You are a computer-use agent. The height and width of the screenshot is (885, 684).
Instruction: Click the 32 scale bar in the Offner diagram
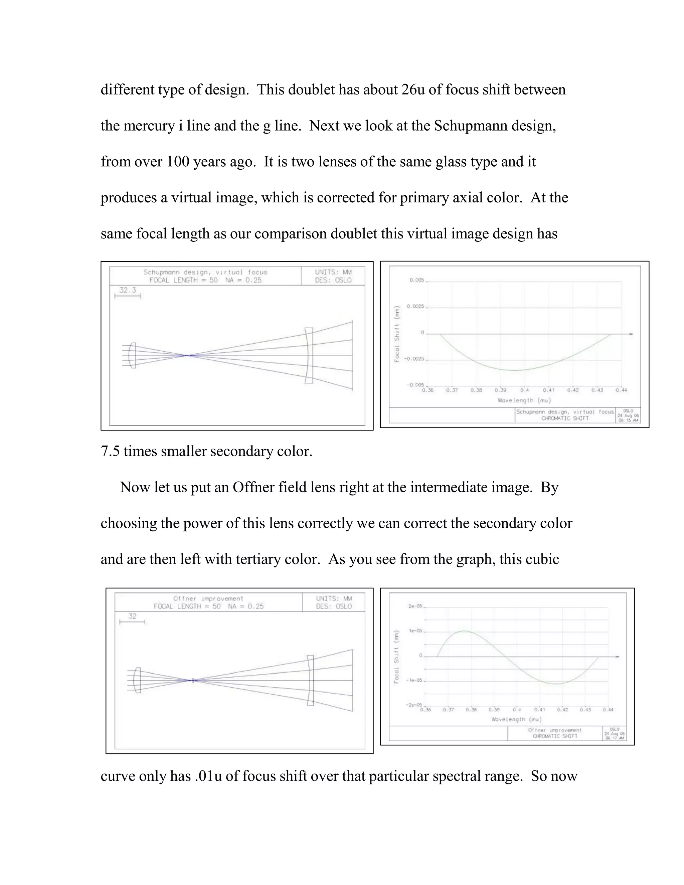132,619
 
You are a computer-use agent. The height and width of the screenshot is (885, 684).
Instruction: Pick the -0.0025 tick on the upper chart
414,359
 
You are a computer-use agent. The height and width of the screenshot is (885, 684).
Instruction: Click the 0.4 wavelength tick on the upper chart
524,390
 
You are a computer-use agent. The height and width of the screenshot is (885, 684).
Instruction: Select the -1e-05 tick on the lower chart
414,680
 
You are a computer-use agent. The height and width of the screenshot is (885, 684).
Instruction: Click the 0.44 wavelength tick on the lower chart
608,710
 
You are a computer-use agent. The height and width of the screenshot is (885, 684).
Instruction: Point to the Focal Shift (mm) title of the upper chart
397,334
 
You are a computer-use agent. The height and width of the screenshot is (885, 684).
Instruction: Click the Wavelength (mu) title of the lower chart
516,719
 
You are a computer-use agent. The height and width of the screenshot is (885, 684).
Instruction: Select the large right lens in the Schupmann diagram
309,355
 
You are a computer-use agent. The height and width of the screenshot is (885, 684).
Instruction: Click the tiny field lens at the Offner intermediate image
193,680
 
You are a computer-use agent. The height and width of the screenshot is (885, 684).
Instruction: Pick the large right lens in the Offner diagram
310,680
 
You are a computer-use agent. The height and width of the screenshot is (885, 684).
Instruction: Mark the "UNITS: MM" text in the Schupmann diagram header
333,272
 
